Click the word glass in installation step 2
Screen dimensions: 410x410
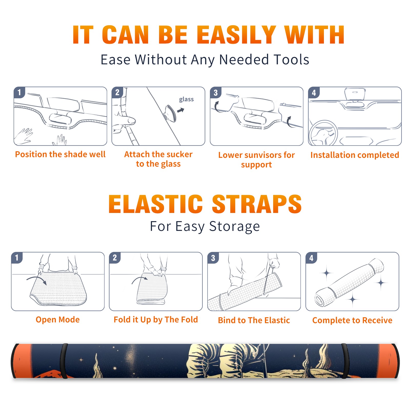pyautogui.click(x=186, y=99)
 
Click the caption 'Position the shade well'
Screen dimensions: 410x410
pyautogui.click(x=60, y=154)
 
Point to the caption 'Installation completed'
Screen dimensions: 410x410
pyautogui.click(x=355, y=155)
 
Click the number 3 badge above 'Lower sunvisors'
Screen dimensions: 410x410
pyautogui.click(x=216, y=93)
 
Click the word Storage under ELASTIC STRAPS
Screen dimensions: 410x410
pyautogui.click(x=234, y=226)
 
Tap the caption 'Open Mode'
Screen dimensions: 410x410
pyautogui.click(x=58, y=320)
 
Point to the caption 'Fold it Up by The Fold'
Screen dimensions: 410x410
pyautogui.click(x=156, y=320)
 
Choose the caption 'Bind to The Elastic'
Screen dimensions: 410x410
pyautogui.click(x=254, y=320)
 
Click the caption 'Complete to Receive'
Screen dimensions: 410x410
pyautogui.click(x=352, y=320)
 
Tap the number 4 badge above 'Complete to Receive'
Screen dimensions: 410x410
pyautogui.click(x=311, y=258)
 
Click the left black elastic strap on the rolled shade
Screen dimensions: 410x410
pyautogui.click(x=64, y=361)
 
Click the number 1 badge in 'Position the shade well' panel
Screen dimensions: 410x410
pyautogui.click(x=19, y=92)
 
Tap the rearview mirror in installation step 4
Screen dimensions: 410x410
pyautogui.click(x=355, y=94)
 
